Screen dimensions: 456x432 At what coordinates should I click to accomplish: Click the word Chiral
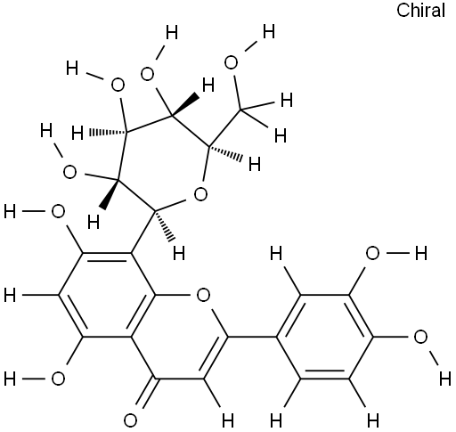pyautogui.click(x=420, y=11)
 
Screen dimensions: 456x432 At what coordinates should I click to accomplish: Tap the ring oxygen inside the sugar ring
pyautogui.click(x=200, y=194)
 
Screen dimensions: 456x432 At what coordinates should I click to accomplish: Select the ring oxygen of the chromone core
pyautogui.click(x=203, y=295)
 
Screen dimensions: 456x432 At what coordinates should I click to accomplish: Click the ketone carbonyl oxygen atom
pyautogui.click(x=130, y=420)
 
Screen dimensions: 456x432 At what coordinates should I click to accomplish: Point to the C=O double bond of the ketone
pyautogui.click(x=145, y=393)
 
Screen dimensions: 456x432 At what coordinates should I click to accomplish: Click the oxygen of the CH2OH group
pyautogui.click(x=231, y=63)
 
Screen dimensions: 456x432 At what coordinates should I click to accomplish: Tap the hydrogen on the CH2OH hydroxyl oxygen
pyautogui.click(x=269, y=32)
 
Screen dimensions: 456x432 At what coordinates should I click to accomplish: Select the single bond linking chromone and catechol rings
pyautogui.click(x=252, y=337)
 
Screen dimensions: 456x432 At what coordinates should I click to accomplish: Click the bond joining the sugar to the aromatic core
pyautogui.click(x=143, y=232)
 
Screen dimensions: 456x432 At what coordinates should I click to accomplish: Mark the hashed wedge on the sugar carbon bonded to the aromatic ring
pyautogui.click(x=163, y=225)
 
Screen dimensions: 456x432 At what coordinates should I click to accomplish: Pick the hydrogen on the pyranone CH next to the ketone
pyautogui.click(x=227, y=420)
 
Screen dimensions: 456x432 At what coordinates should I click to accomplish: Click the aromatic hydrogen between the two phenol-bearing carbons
pyautogui.click(x=10, y=296)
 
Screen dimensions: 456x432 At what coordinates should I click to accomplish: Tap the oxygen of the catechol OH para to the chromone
pyautogui.click(x=420, y=338)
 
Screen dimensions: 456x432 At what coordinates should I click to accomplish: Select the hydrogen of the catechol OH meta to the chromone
pyautogui.click(x=421, y=254)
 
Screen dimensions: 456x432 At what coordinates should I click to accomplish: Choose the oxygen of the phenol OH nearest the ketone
pyautogui.click(x=58, y=379)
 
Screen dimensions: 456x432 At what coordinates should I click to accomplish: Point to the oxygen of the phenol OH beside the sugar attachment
pyautogui.click(x=58, y=212)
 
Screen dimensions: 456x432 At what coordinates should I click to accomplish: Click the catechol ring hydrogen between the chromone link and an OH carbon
pyautogui.click(x=276, y=254)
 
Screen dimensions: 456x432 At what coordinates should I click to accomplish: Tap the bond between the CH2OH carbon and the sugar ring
pyautogui.click(x=225, y=128)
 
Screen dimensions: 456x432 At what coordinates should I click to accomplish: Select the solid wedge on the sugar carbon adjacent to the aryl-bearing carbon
pyautogui.click(x=110, y=193)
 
